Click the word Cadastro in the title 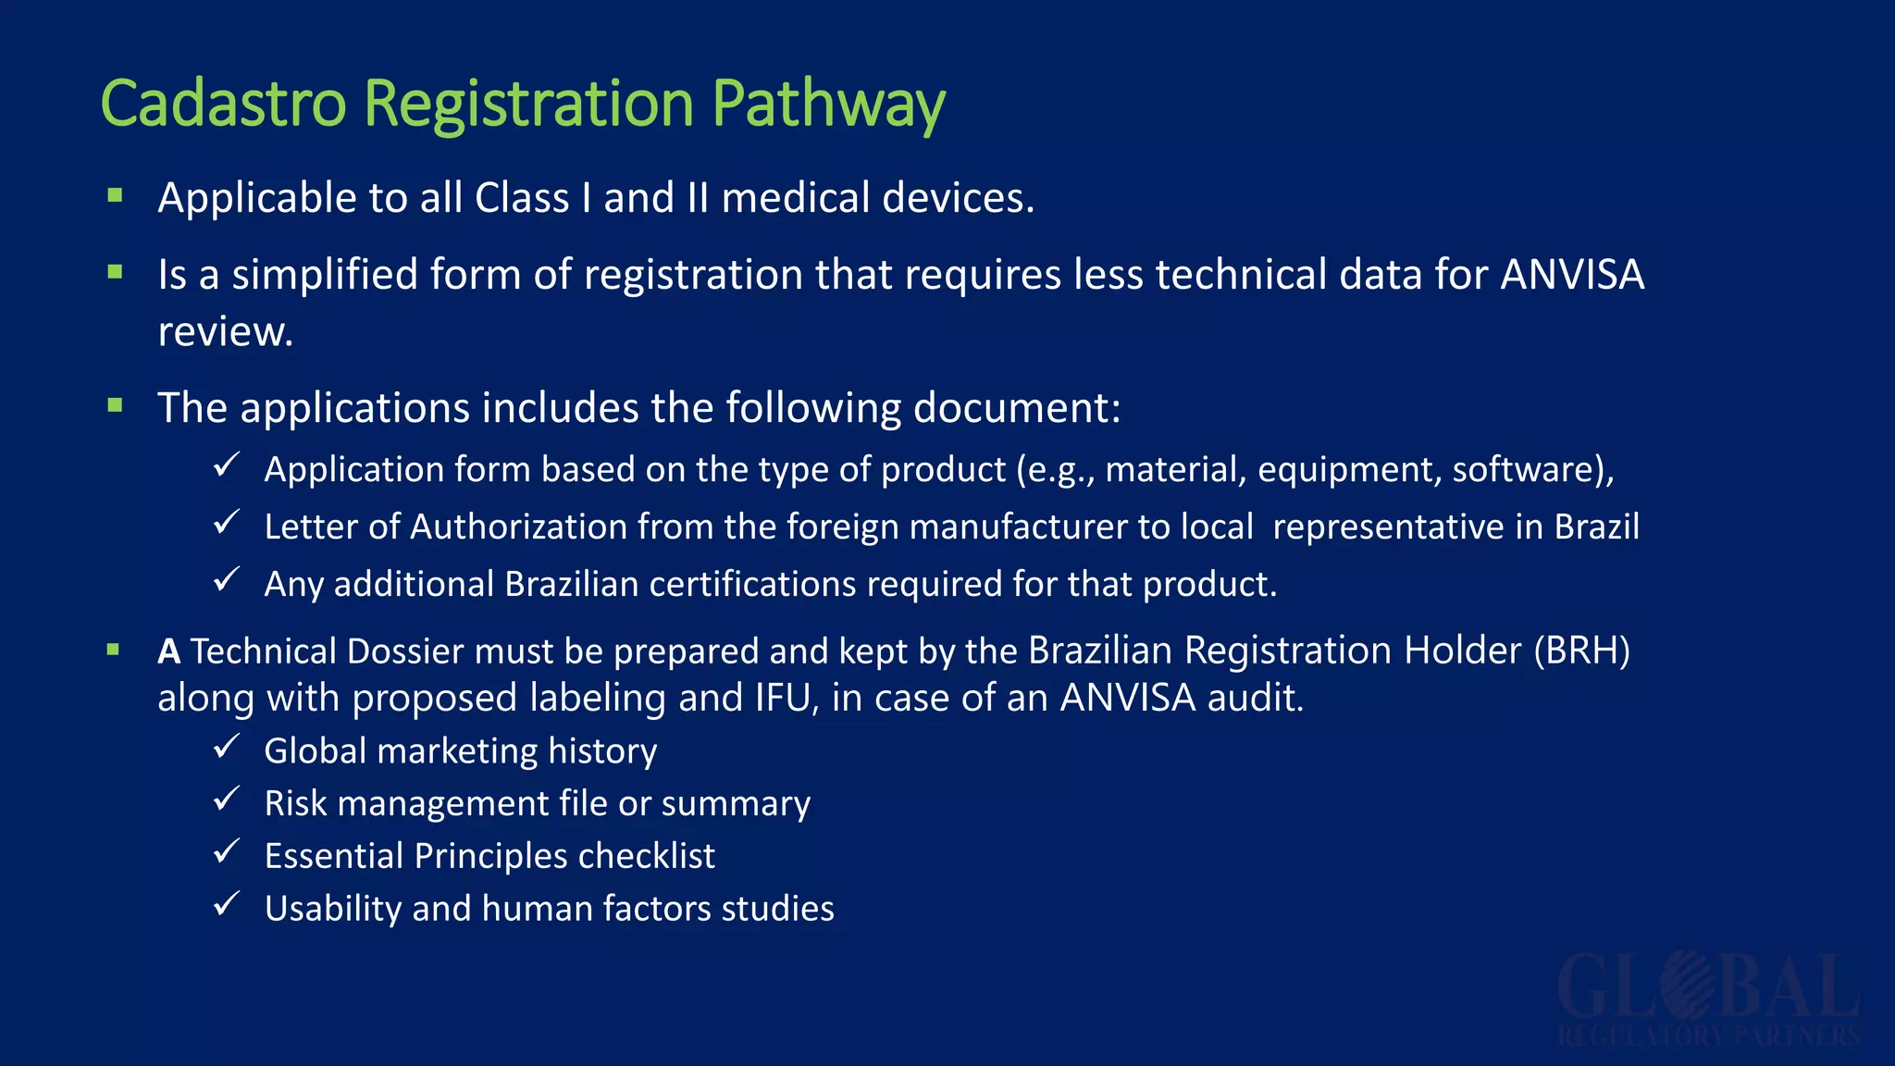pyautogui.click(x=223, y=103)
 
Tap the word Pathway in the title pyautogui.click(x=828, y=105)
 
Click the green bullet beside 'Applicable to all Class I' pyautogui.click(x=116, y=195)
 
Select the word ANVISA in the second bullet pyautogui.click(x=1572, y=275)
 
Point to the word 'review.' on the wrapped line pyautogui.click(x=225, y=332)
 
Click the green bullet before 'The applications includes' pyautogui.click(x=116, y=405)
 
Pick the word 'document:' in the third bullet pyautogui.click(x=1017, y=408)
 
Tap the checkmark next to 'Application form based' pyautogui.click(x=227, y=465)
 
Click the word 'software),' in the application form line pyautogui.click(x=1532, y=470)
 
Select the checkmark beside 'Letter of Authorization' pyautogui.click(x=227, y=522)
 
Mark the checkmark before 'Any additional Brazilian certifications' pyautogui.click(x=227, y=579)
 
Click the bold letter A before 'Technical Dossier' pyautogui.click(x=168, y=651)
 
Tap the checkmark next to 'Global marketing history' pyautogui.click(x=227, y=746)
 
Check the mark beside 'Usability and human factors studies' pyautogui.click(x=227, y=904)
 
